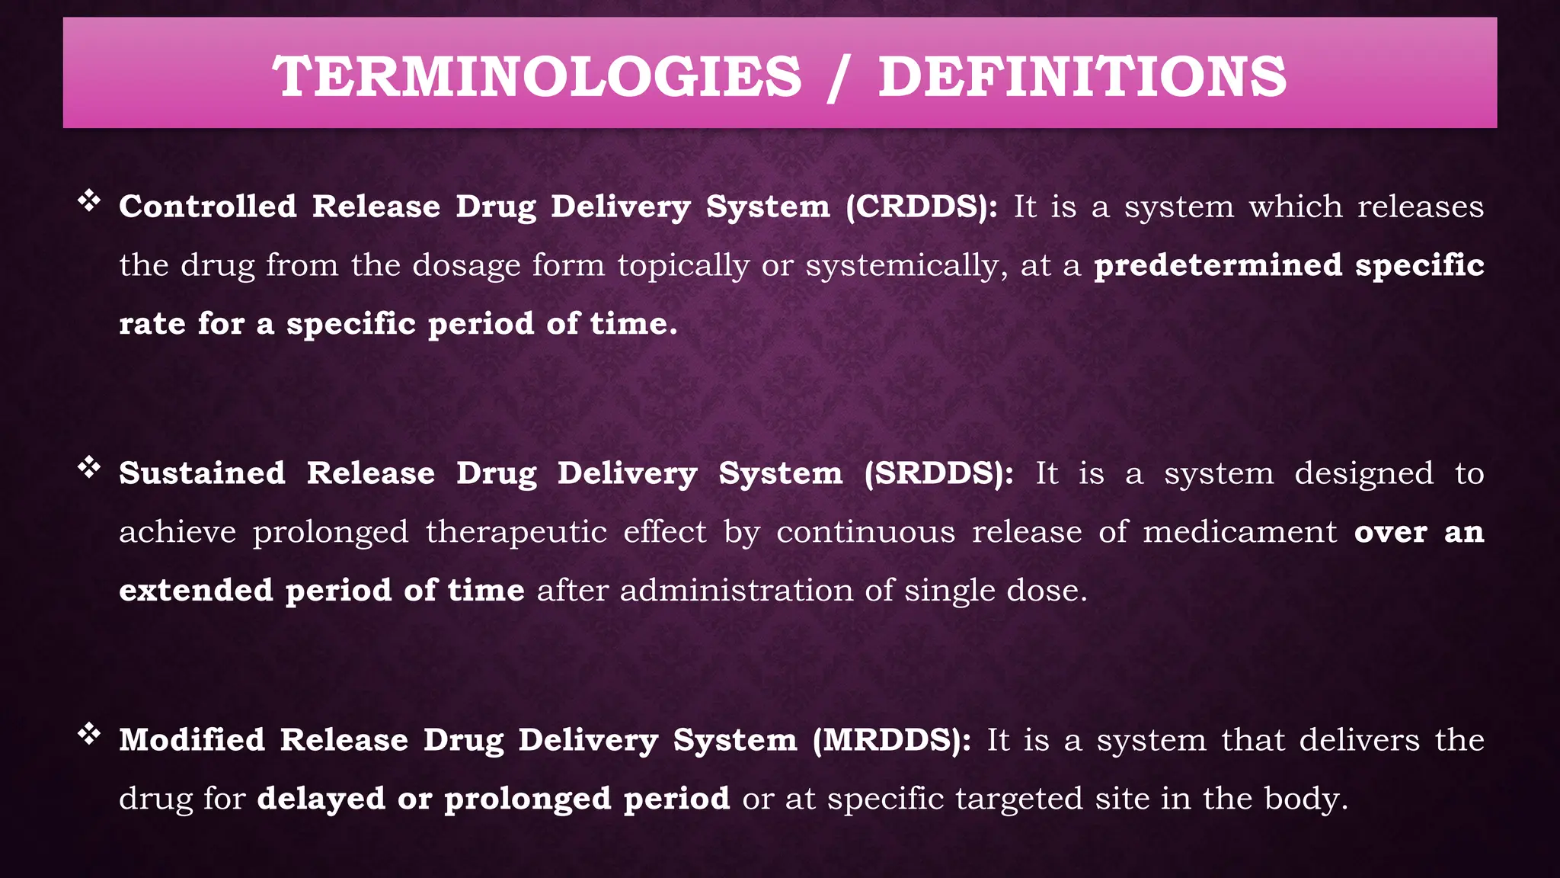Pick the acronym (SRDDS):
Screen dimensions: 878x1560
[x=939, y=473]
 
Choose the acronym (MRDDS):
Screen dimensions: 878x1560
[x=892, y=740]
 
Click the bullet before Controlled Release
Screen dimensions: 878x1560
[x=89, y=201]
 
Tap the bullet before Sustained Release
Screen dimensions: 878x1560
[x=89, y=467]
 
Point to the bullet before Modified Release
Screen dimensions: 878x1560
[x=89, y=734]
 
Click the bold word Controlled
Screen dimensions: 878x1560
[x=208, y=207]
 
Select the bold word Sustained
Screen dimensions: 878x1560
[x=203, y=473]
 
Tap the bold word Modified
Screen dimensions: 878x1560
[x=192, y=740]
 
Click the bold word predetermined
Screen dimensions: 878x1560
[x=1218, y=265]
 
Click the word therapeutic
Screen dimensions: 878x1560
[x=516, y=532]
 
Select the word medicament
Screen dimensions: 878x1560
[x=1240, y=532]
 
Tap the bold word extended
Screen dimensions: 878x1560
[x=196, y=591]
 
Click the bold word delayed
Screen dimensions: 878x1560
[x=321, y=799]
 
